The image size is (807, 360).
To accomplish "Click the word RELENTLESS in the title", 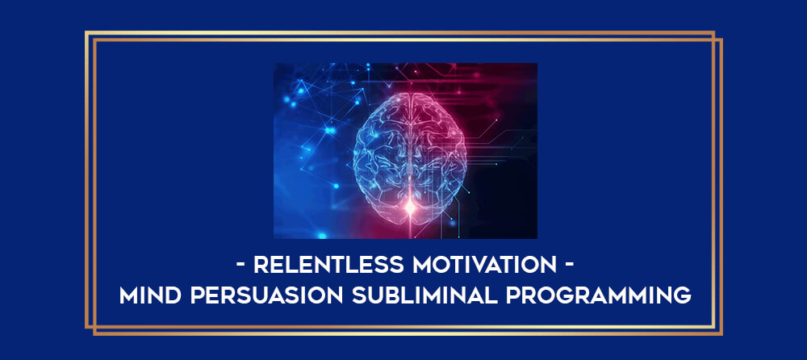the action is [329, 266].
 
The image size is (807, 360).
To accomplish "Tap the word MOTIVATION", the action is [484, 266].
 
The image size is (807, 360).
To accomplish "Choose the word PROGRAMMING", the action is [599, 295].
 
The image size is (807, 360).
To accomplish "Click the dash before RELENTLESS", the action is [240, 266].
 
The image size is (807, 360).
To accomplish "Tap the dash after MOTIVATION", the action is [569, 266].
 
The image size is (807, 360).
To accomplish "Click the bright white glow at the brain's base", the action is [410, 207].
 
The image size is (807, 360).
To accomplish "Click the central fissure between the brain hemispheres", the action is [410, 149].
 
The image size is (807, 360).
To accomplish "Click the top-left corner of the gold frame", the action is [86, 32].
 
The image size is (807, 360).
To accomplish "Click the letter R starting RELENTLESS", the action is [261, 266].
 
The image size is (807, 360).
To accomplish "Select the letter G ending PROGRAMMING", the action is [683, 295].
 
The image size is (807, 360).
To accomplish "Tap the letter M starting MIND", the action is [129, 295].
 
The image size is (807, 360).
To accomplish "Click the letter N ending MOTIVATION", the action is [549, 266].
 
